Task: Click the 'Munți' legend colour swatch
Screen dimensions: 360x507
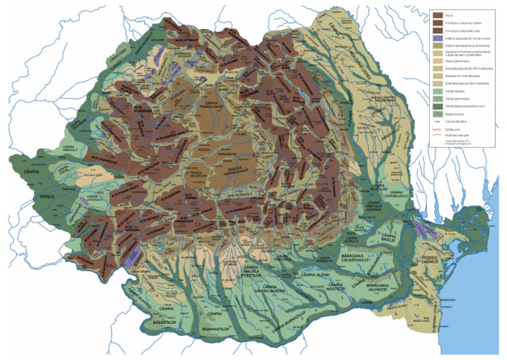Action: pyautogui.click(x=437, y=14)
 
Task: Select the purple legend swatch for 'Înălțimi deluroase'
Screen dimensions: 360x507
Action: pyautogui.click(x=437, y=38)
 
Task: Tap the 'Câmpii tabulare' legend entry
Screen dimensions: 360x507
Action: pyautogui.click(x=437, y=90)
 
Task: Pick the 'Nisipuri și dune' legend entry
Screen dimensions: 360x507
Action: pyautogui.click(x=437, y=113)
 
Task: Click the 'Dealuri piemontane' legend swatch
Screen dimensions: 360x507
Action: pyautogui.click(x=437, y=60)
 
